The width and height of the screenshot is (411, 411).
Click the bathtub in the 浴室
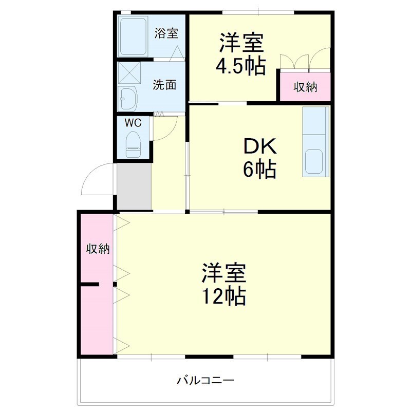coord(133,36)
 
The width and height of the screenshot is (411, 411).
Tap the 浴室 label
coord(166,33)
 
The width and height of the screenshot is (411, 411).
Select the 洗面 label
coord(164,85)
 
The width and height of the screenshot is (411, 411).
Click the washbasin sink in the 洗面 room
coord(127,99)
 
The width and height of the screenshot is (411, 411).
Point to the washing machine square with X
coord(129,72)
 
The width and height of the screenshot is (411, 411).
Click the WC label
coord(133,123)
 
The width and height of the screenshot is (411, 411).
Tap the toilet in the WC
coord(133,144)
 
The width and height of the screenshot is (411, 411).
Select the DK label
coord(260,146)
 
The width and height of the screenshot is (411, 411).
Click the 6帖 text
coord(259,170)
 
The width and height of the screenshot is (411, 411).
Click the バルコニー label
coord(205,380)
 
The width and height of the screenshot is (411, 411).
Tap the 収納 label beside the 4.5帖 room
coord(305,87)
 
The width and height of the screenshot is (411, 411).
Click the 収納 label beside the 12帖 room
coord(98,249)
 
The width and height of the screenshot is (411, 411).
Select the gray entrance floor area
coord(134,186)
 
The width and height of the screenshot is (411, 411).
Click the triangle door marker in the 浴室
coord(177,53)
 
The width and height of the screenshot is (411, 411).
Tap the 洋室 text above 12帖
coord(224,273)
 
